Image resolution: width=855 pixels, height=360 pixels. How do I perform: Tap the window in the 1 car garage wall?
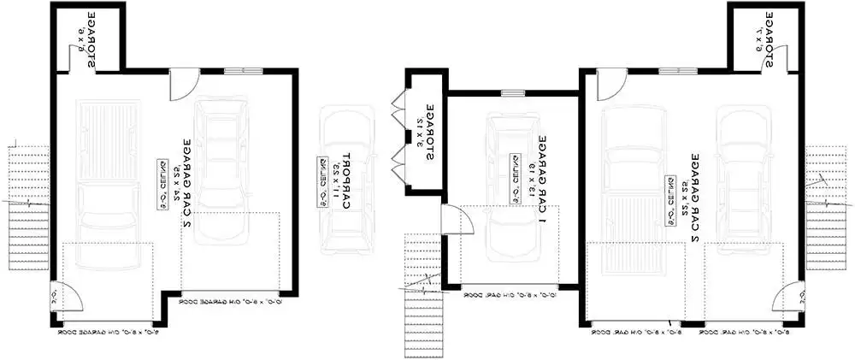(x=512, y=93)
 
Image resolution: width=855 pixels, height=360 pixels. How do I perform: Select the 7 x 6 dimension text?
(x=758, y=38)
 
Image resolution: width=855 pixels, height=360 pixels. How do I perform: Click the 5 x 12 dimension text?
(x=419, y=133)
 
